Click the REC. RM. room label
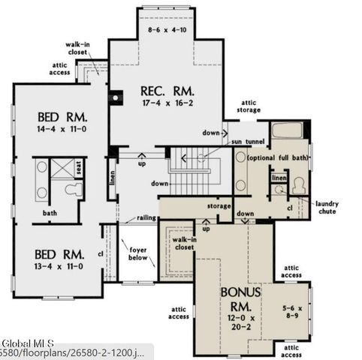(166, 91)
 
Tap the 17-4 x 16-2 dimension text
(166, 106)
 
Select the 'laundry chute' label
(327, 207)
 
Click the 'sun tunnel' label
(247, 141)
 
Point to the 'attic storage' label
(250, 106)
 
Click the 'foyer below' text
(138, 254)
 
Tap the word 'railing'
(146, 219)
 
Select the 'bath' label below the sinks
(49, 213)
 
